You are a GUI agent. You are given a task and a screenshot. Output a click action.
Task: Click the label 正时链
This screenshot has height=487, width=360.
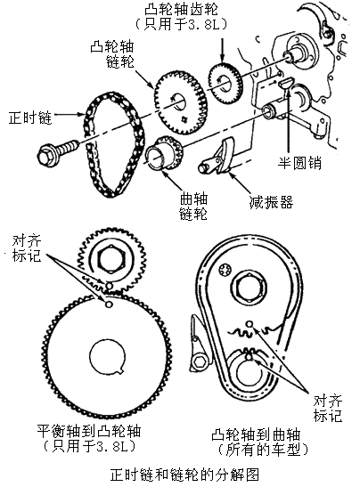29,118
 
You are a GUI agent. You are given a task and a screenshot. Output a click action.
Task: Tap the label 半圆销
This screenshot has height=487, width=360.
299,163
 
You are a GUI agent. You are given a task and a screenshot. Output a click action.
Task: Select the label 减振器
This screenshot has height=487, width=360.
271,202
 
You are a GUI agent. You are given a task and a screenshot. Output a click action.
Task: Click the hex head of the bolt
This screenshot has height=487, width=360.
46,155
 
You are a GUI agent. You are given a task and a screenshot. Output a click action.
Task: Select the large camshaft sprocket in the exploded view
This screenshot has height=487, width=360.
180,102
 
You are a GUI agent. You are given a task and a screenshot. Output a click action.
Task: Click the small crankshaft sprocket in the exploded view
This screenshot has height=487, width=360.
164,154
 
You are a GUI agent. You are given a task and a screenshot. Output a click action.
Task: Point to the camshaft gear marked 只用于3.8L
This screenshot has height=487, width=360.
225,83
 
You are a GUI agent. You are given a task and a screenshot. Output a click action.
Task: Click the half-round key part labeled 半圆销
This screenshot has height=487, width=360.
285,83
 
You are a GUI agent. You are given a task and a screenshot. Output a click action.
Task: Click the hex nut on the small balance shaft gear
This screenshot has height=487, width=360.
110,259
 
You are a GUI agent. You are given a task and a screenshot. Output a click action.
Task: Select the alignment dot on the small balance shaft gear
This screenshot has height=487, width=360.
109,285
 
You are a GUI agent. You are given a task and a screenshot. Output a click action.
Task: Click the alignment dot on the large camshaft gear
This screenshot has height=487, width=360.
109,304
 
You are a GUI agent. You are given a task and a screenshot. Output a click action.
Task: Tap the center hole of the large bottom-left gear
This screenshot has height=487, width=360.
108,355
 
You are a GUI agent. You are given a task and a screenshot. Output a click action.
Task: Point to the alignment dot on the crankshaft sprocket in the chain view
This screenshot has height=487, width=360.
249,357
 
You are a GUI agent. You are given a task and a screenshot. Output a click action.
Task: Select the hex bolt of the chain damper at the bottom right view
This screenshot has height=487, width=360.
198,361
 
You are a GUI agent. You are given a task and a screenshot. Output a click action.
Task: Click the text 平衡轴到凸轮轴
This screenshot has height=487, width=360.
89,431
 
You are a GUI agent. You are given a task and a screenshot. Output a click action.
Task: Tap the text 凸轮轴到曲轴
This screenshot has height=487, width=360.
256,434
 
